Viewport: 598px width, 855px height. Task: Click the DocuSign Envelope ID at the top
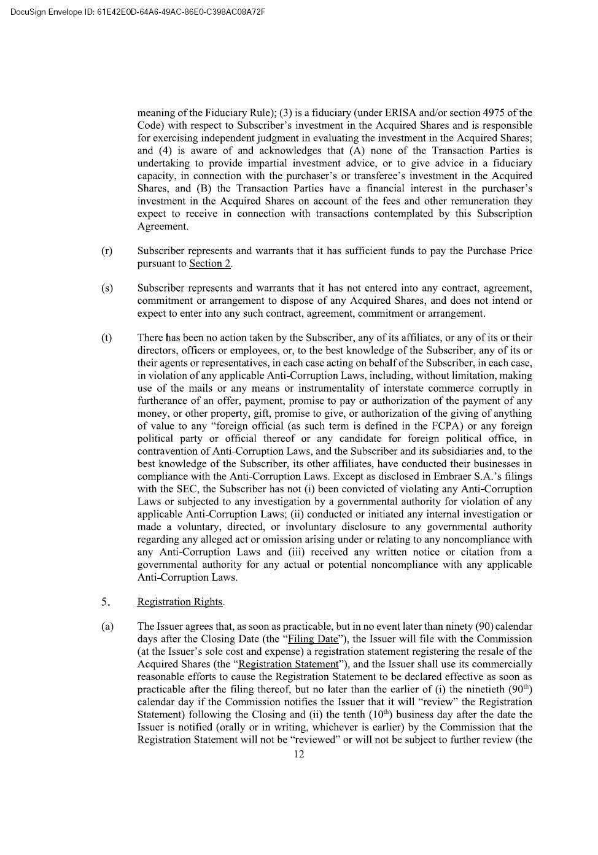(138, 11)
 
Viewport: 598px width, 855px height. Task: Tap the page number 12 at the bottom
(298, 754)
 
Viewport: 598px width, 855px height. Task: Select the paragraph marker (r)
(106, 251)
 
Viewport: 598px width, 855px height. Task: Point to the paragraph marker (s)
(106, 288)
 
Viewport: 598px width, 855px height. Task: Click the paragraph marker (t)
(106, 338)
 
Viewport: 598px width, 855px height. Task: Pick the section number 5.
(106, 602)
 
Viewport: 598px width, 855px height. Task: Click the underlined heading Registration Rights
(180, 602)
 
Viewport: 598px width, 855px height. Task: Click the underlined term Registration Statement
(288, 664)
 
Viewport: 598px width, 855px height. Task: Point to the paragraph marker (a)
(106, 626)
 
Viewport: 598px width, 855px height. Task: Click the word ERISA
(400, 113)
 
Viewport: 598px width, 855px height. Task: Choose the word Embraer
(437, 476)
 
